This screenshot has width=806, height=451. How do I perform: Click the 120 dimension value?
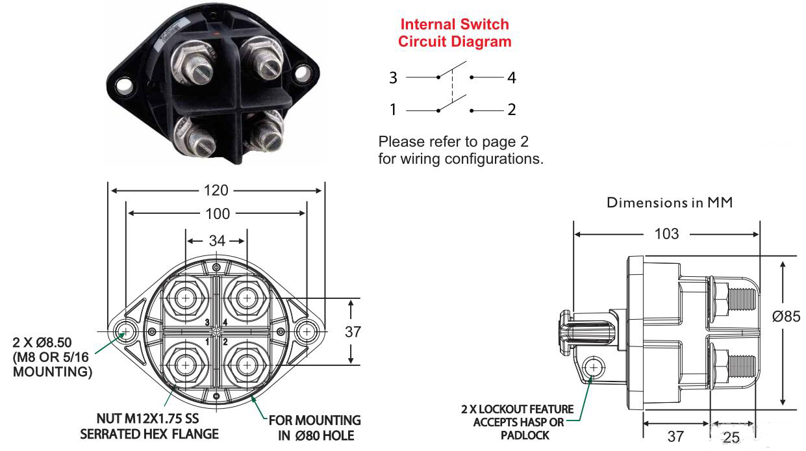(x=216, y=190)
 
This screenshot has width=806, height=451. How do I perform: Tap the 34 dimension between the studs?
(x=216, y=241)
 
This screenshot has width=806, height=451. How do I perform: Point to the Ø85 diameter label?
(x=786, y=316)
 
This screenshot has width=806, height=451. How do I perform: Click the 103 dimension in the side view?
(x=666, y=233)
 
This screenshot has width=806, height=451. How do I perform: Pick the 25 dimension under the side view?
(x=731, y=437)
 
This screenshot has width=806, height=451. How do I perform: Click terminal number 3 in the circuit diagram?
(x=393, y=78)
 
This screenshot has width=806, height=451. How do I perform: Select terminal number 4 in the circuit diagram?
(x=512, y=78)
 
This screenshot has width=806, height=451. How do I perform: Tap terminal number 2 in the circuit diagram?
(x=512, y=110)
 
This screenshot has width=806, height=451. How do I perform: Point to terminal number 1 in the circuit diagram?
(x=393, y=110)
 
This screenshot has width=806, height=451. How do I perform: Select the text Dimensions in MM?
(x=670, y=203)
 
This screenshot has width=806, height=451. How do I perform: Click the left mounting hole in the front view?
(x=123, y=332)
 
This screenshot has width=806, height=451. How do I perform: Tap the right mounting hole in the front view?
(x=306, y=332)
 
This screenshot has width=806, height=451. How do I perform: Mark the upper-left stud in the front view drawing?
(x=187, y=298)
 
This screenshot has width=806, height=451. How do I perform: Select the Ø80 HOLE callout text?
(x=316, y=435)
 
